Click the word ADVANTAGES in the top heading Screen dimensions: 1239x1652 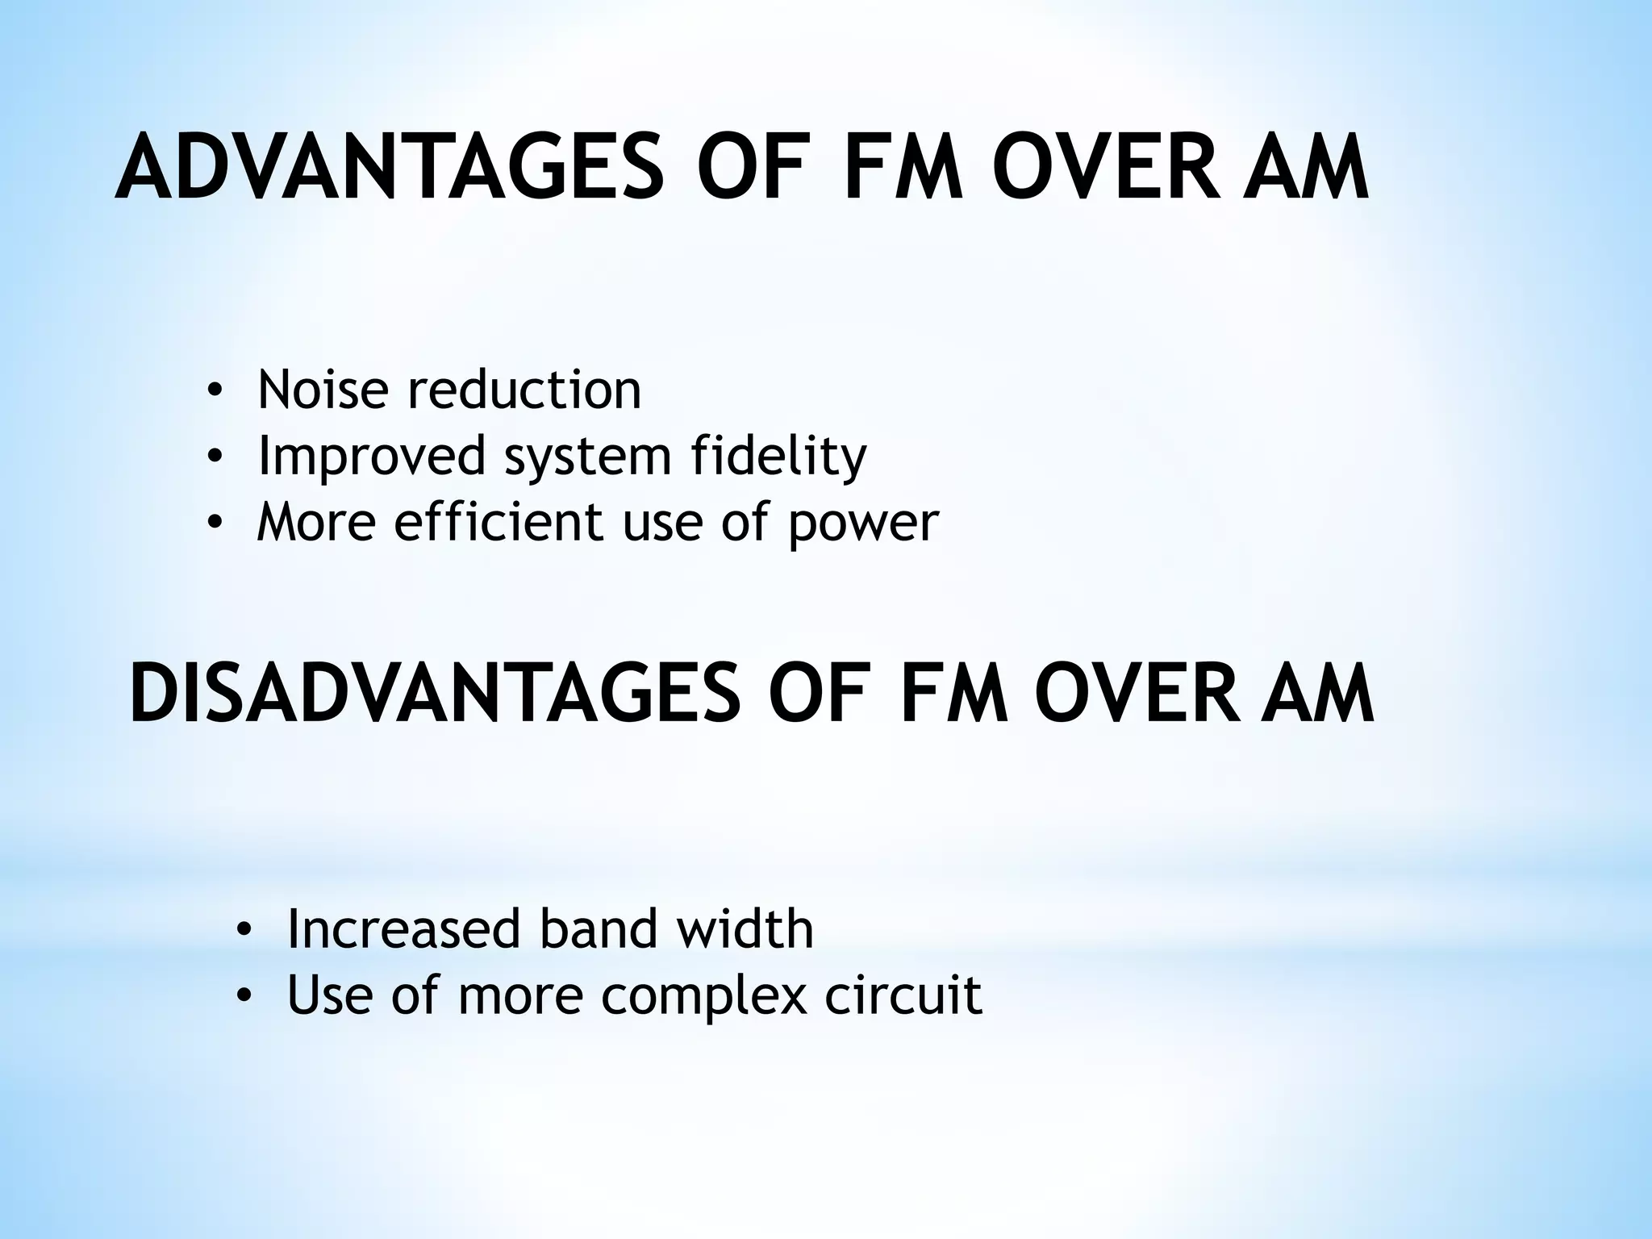coord(390,169)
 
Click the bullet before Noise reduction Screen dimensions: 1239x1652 coord(214,392)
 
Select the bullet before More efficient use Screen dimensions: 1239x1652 coord(214,524)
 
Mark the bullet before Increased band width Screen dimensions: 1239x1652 coord(244,932)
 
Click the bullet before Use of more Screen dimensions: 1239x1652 coord(244,998)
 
